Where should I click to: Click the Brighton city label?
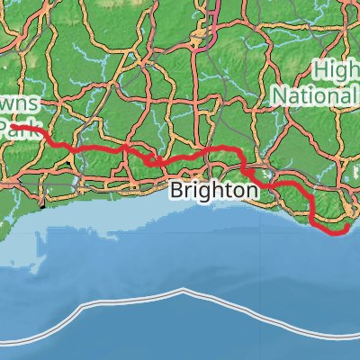click(x=212, y=191)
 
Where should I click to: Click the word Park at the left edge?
click(x=16, y=130)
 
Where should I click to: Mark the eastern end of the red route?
click(x=346, y=229)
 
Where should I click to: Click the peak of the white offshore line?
click(x=184, y=291)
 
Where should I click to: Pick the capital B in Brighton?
click(x=176, y=191)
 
